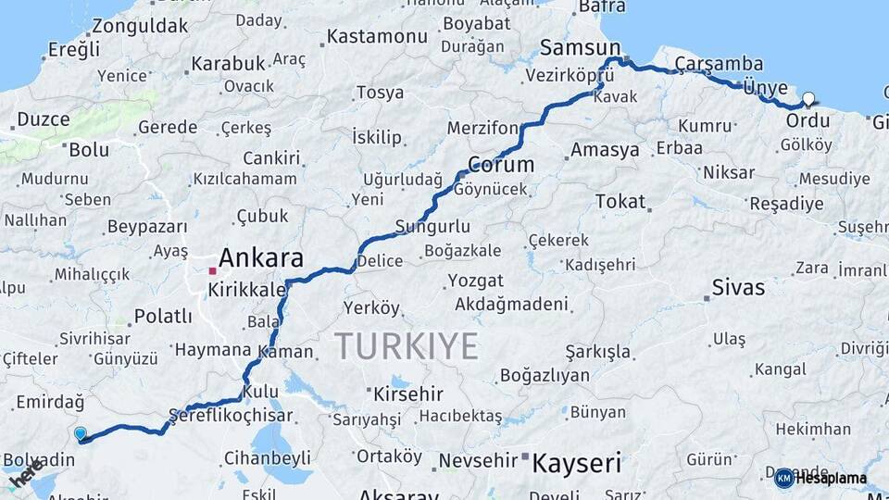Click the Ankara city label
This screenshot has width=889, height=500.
[262, 258]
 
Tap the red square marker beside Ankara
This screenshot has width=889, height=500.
[213, 271]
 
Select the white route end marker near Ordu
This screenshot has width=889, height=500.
[809, 99]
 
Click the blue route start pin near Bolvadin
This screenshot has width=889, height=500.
[81, 432]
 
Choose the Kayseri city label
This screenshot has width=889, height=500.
[576, 463]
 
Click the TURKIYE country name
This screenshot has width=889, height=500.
[407, 346]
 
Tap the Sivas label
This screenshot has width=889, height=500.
[739, 287]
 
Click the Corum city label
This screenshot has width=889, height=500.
[501, 165]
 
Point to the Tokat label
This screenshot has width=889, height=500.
[620, 201]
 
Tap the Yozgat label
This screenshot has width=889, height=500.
[475, 281]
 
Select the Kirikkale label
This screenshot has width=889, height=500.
[246, 290]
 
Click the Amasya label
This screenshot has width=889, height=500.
[606, 149]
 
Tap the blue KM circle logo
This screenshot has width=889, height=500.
[783, 478]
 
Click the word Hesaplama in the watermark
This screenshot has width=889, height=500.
[832, 479]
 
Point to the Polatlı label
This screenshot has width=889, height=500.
[163, 317]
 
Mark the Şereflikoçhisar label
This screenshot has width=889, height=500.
[231, 416]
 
